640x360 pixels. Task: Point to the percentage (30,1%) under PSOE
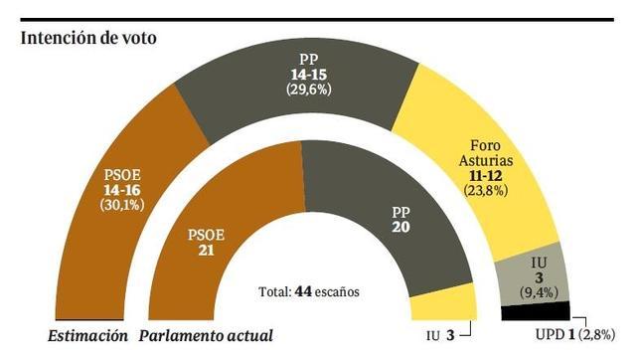tap(122, 205)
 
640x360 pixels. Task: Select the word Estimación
tap(89, 335)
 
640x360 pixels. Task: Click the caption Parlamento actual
tap(203, 335)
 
